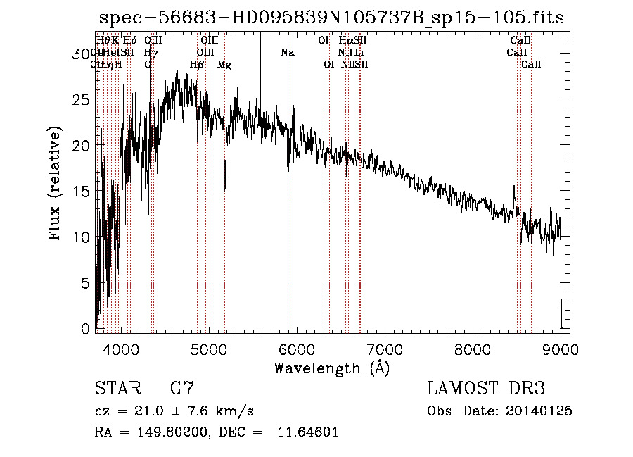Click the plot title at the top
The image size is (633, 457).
point(331,17)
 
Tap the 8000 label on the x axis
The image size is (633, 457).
point(473,349)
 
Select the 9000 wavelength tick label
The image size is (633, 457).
point(561,349)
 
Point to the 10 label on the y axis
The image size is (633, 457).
point(82,237)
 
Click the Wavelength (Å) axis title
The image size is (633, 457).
point(331,368)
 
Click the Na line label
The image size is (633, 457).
point(287,52)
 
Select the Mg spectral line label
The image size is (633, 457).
point(224,65)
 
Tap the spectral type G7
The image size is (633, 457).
point(181,388)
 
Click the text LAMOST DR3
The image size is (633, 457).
point(485,388)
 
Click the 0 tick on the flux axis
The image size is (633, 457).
point(87,328)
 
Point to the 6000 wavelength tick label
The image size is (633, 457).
point(297,349)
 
